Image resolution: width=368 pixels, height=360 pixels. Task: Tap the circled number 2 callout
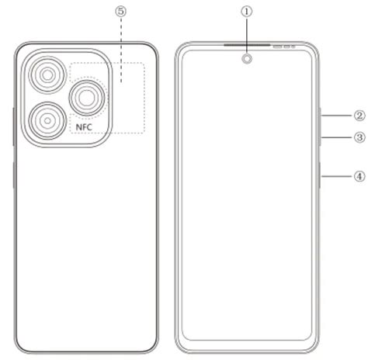pos(359,116)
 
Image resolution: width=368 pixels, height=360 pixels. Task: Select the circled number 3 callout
pos(359,137)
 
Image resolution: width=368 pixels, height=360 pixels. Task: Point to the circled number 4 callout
pos(359,175)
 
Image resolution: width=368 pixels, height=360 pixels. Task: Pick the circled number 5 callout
pos(120,12)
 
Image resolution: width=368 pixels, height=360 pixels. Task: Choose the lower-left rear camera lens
pos(47,119)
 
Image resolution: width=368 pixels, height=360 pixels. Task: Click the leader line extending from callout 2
pos(335,116)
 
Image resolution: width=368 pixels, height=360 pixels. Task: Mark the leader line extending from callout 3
pos(335,137)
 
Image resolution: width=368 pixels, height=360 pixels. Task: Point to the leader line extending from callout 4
pos(335,175)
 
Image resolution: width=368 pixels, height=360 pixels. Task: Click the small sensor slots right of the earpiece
pos(283,47)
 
